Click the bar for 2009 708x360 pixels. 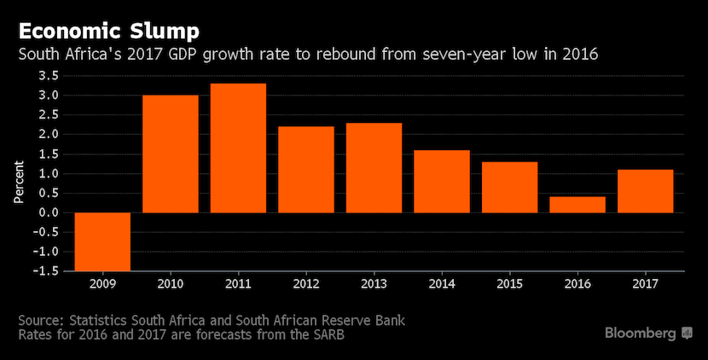tap(102, 241)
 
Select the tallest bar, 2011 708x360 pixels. tap(238, 148)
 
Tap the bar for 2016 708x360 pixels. tap(577, 205)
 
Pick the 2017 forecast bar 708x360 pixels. tap(645, 191)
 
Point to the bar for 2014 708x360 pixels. tap(441, 181)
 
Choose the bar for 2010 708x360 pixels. tap(171, 154)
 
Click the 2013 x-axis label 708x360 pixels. tap(374, 282)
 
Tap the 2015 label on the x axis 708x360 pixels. tap(509, 282)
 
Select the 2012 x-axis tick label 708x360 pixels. tap(305, 282)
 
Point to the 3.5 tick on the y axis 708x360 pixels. tap(48, 76)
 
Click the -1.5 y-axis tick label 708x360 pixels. tap(45, 270)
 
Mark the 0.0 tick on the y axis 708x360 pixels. tap(48, 212)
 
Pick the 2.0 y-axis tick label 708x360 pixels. tap(48, 135)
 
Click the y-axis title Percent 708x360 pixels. tap(18, 180)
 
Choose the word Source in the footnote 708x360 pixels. tap(40, 320)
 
